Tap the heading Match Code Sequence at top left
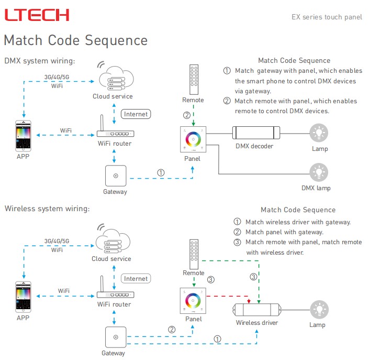(75, 40)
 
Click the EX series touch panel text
(327, 17)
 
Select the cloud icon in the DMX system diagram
(113, 77)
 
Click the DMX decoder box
(254, 133)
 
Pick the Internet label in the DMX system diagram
(136, 114)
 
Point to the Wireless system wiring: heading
(47, 209)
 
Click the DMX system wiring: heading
(40, 61)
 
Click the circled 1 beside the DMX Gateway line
(161, 172)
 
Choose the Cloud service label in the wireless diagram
(111, 259)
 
